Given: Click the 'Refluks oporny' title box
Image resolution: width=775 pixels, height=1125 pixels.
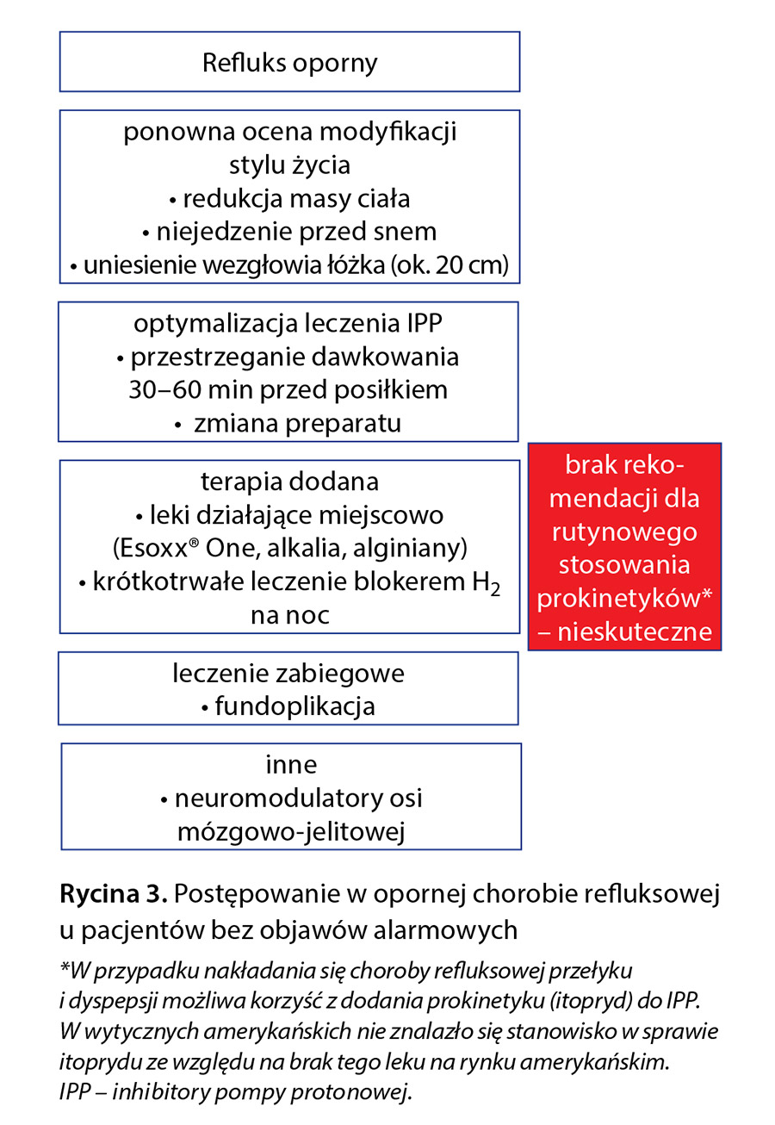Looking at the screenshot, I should (x=289, y=62).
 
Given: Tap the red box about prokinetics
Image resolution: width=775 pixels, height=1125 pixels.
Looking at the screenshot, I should (x=624, y=546).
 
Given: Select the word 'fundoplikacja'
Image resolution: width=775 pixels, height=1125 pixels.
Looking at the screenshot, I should (x=294, y=707).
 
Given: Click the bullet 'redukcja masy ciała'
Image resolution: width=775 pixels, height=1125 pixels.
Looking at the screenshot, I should (x=288, y=198).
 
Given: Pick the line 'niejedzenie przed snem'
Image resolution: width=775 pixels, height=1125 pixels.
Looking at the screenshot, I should (x=288, y=231).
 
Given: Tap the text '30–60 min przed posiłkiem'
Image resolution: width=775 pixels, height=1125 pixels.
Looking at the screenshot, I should (x=288, y=389).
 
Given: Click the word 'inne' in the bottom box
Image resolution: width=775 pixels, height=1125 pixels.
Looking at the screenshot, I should (x=291, y=765).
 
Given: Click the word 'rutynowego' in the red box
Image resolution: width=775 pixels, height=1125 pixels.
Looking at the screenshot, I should (x=624, y=532).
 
